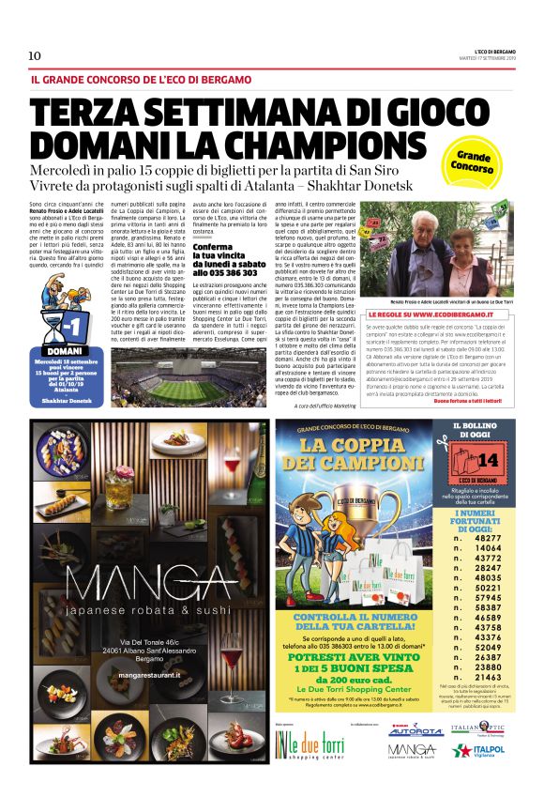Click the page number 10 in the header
(35, 55)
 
